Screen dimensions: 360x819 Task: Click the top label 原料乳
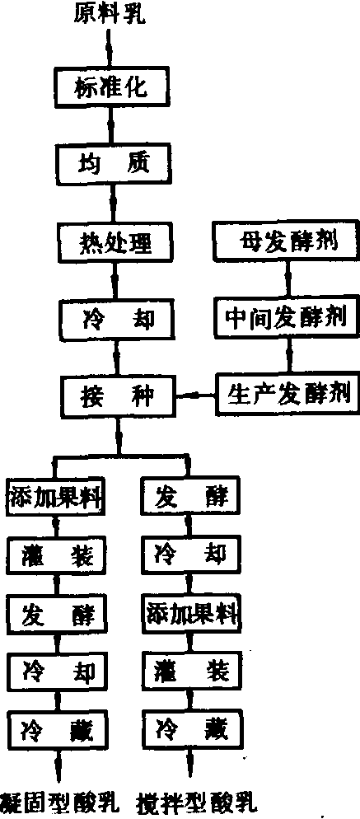tap(110, 14)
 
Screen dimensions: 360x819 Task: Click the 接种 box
tap(118, 396)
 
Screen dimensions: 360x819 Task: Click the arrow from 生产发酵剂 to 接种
tap(195, 396)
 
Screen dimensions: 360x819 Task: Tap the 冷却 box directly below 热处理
tap(116, 319)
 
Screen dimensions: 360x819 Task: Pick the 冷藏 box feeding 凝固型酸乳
tap(58, 726)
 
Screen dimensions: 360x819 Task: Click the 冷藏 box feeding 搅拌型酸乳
tap(191, 726)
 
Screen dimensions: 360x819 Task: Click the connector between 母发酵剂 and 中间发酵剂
tap(288, 280)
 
